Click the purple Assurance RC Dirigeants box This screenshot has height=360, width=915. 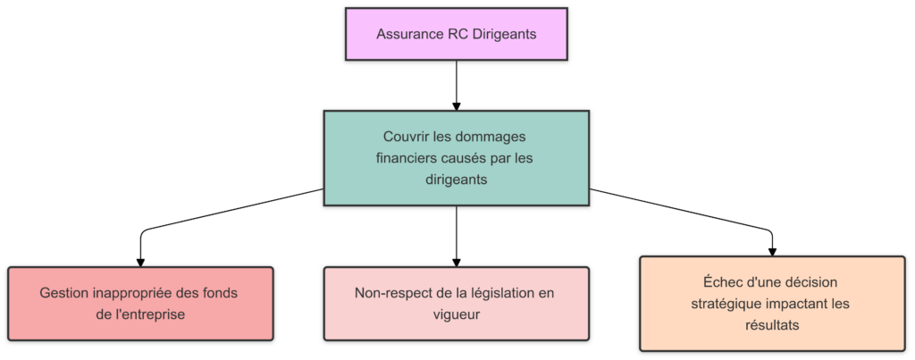coord(457,35)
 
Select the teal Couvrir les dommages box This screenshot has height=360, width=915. coord(457,158)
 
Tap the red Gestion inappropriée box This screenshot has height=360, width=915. coord(139,304)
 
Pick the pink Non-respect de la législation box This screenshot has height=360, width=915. coord(457,304)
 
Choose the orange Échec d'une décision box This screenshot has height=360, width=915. coord(771,304)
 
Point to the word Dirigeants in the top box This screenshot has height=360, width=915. coord(507,36)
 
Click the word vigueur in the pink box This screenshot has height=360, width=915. coord(457,314)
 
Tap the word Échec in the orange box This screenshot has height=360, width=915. coord(711,282)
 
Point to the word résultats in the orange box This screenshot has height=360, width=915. coord(771,325)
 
